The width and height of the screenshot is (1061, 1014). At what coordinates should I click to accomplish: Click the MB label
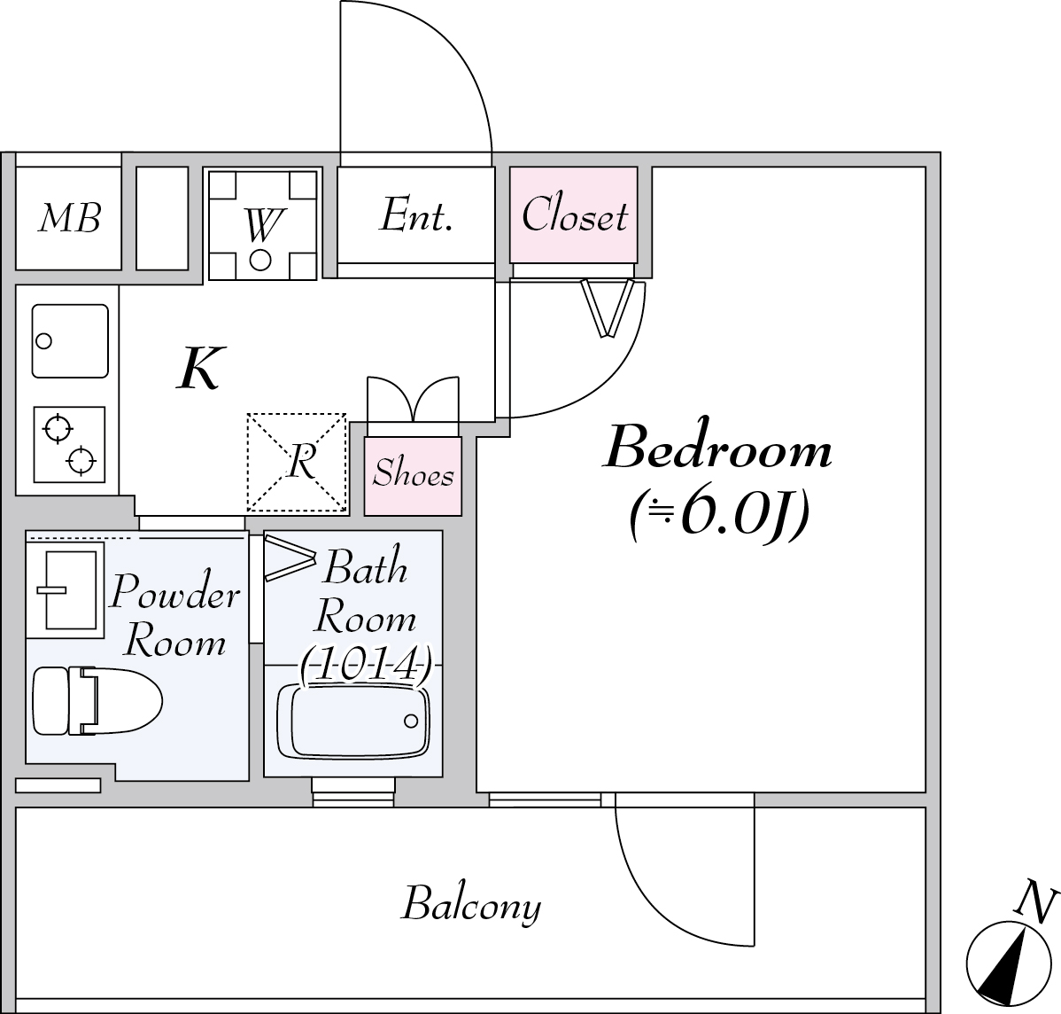point(70,217)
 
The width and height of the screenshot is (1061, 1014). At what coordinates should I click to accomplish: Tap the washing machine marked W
point(262,225)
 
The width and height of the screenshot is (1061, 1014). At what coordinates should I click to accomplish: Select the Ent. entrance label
point(415,215)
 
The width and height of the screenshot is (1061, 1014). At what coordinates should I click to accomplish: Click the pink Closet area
point(574,214)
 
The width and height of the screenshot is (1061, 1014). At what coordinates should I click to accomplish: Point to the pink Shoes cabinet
point(413,476)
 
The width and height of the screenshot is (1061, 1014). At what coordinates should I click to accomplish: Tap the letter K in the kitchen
point(200,368)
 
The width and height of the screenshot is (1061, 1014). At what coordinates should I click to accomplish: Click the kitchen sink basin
point(70,341)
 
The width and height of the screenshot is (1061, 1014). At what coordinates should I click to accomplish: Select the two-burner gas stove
point(69,444)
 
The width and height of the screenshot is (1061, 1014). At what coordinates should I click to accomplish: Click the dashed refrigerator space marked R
point(297,462)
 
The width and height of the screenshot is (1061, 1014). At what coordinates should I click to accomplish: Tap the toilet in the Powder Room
point(97,701)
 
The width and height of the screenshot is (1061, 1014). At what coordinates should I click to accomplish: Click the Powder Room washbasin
point(65,589)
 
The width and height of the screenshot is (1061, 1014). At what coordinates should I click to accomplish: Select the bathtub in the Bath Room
point(352,721)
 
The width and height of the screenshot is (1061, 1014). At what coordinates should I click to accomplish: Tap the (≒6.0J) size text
point(719,516)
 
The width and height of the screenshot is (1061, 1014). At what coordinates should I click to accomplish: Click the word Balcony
point(472,905)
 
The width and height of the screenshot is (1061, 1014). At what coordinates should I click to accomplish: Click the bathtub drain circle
point(411,721)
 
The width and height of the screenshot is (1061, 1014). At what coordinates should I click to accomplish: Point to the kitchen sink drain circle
point(44,340)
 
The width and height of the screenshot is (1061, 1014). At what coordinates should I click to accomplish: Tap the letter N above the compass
point(1037,900)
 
